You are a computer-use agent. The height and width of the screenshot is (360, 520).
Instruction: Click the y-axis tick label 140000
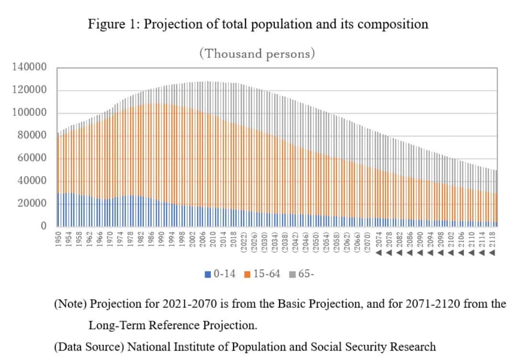33,67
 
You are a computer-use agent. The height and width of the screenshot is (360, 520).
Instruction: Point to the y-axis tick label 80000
35,136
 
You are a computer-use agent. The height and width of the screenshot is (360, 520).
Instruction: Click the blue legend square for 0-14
208,275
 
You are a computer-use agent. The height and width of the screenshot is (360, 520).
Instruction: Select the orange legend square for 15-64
248,275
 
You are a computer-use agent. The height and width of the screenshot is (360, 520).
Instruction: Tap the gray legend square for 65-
292,275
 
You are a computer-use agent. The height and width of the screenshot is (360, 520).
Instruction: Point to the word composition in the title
393,24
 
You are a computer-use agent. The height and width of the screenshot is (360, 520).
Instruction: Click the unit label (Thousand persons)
257,53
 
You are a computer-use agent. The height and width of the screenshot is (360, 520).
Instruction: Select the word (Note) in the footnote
70,304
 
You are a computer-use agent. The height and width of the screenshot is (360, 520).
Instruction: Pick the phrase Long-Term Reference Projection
173,326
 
